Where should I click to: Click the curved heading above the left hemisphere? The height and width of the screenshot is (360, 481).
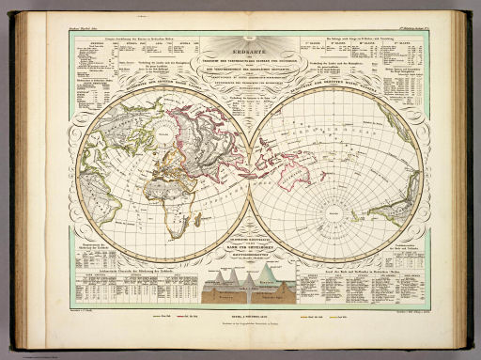tap(141, 91)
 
